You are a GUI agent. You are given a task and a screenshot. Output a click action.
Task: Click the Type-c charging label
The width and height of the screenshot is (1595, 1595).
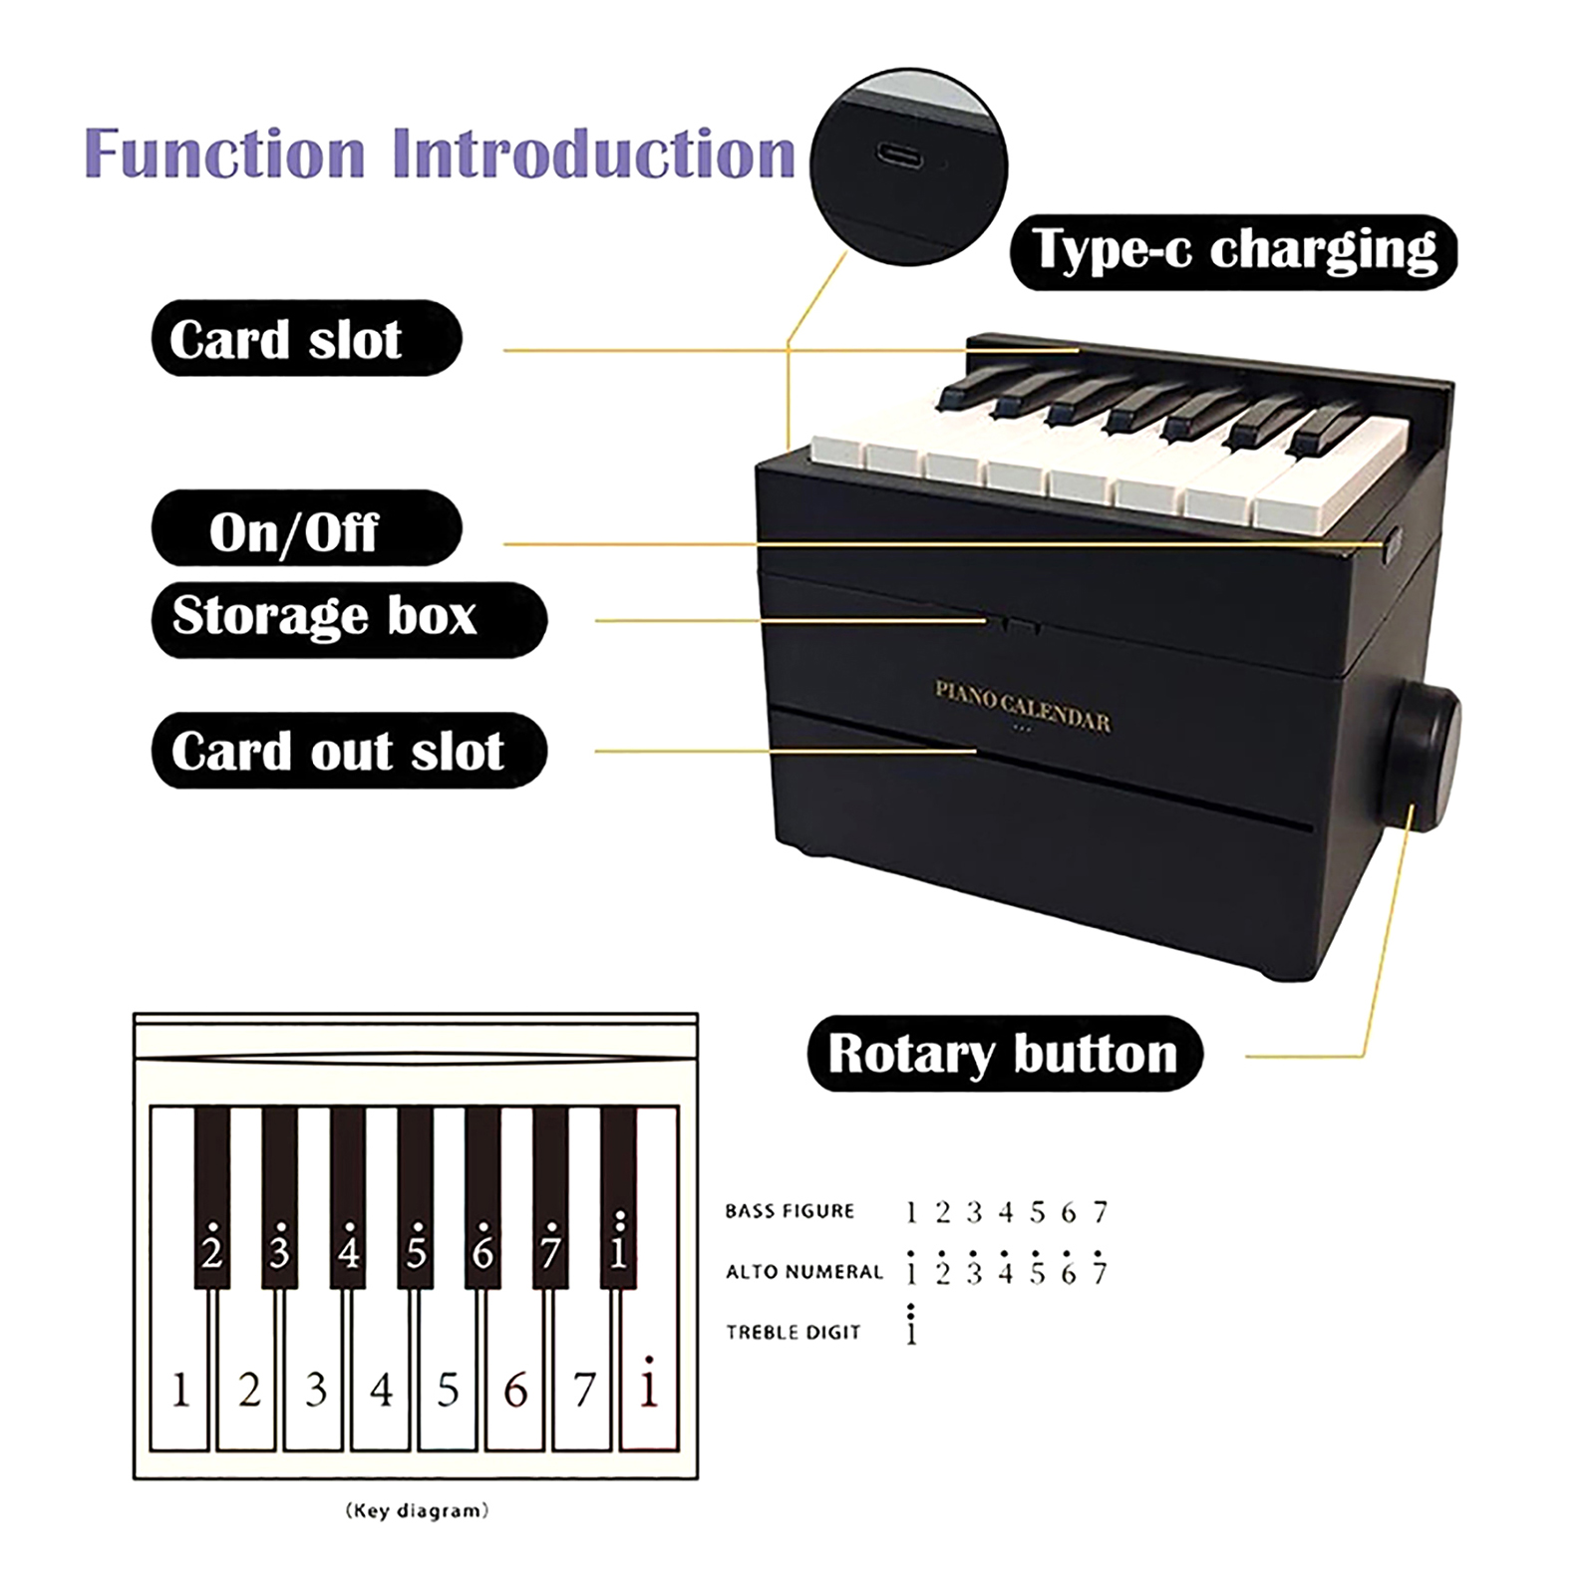tap(1233, 252)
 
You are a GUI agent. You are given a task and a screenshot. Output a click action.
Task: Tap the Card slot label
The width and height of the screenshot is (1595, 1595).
tap(306, 338)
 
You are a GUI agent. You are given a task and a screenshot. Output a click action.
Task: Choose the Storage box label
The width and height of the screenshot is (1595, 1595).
tap(349, 619)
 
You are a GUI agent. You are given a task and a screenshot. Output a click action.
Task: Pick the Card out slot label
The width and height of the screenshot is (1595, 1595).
tap(349, 751)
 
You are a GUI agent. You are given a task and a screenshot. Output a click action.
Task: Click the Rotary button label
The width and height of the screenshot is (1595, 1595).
tap(1005, 1054)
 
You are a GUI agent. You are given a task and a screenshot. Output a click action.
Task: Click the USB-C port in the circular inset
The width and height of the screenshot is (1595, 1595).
tap(903, 156)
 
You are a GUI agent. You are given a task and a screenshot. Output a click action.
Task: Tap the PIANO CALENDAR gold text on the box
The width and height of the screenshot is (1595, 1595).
tap(1022, 706)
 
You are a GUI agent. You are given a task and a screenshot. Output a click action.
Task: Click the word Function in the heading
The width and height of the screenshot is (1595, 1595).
tap(225, 155)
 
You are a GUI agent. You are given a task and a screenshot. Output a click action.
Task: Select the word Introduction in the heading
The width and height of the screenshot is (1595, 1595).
tap(594, 155)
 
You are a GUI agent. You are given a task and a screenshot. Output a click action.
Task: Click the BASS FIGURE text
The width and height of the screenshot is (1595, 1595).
tap(790, 1211)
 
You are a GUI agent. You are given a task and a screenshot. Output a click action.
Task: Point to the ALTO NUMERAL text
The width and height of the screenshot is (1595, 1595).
tap(804, 1272)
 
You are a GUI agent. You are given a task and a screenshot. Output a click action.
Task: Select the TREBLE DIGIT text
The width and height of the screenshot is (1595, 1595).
tap(793, 1333)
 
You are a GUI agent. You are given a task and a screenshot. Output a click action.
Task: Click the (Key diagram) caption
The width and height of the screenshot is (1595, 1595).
tap(417, 1511)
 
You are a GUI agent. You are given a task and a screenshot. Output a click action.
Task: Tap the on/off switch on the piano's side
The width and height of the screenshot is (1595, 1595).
tap(1392, 542)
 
